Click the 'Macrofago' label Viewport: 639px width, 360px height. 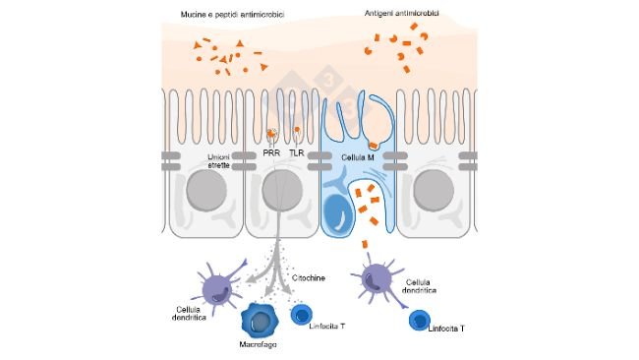click(x=259, y=346)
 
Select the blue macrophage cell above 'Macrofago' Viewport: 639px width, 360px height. click(x=261, y=321)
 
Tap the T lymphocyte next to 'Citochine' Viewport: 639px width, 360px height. click(x=304, y=316)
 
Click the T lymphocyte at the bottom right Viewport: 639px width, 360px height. click(x=423, y=322)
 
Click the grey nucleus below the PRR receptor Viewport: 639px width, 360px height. click(x=282, y=192)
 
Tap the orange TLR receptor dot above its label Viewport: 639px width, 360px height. click(x=297, y=130)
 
